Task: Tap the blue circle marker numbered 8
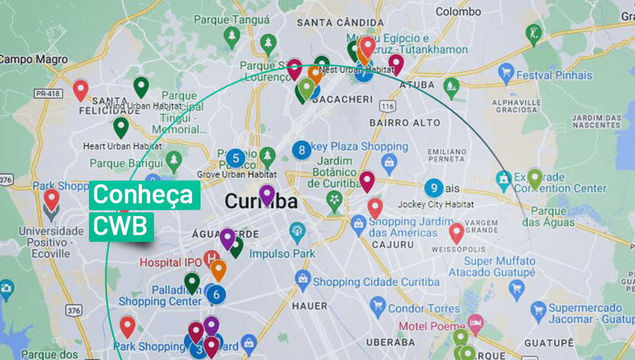click(x=302, y=150)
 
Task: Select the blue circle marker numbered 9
click(x=434, y=188)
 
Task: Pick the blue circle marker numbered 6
click(x=216, y=294)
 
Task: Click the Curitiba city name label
click(x=260, y=202)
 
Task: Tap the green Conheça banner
click(x=144, y=195)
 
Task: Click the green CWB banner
click(x=121, y=226)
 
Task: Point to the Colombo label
click(x=458, y=11)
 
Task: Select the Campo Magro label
click(x=34, y=59)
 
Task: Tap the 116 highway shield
click(x=386, y=106)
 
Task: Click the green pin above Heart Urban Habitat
click(x=121, y=127)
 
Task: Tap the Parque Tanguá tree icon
click(x=232, y=37)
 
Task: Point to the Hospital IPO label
click(x=171, y=262)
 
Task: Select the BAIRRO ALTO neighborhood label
click(x=405, y=123)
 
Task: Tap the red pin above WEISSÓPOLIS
click(x=456, y=233)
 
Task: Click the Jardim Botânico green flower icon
click(x=334, y=199)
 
